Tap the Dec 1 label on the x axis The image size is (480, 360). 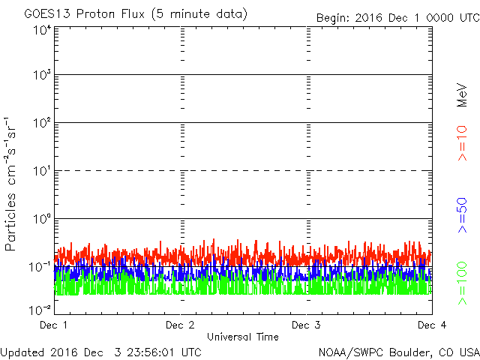tap(53, 325)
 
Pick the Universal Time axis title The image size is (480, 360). tap(242, 337)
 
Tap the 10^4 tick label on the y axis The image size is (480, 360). tap(41, 30)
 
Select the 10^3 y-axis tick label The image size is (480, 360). tap(41, 76)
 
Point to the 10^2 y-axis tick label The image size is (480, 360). tap(41, 124)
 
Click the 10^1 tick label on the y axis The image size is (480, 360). tap(41, 171)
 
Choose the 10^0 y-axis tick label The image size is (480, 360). tap(41, 219)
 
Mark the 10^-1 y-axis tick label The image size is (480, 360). tap(41, 266)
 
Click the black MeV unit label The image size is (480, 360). tap(463, 94)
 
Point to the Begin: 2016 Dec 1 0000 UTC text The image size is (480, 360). tap(396, 16)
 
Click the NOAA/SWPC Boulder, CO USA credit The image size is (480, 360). tap(398, 352)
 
